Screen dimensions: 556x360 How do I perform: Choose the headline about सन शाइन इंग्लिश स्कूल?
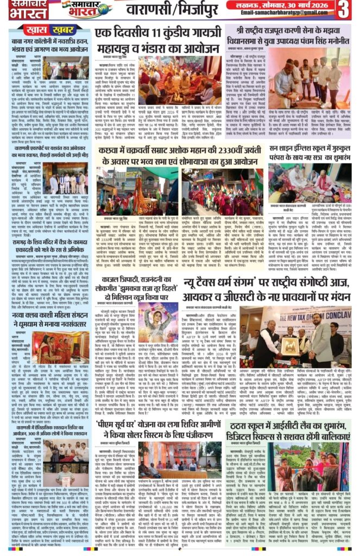[310, 154]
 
